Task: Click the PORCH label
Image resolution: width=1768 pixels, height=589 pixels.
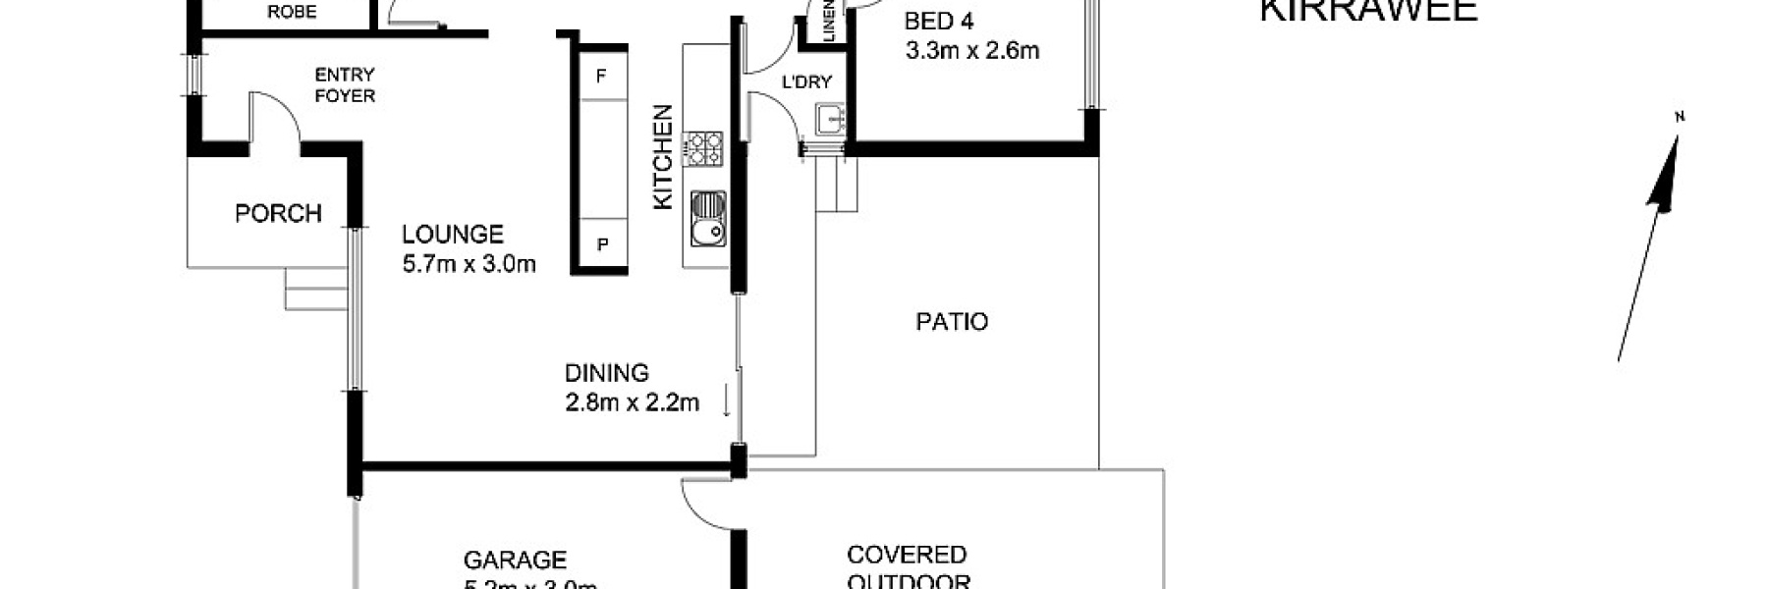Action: coord(278,213)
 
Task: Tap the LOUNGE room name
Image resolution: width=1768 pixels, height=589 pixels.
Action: coord(452,234)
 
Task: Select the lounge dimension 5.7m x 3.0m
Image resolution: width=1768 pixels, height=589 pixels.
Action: coord(469,263)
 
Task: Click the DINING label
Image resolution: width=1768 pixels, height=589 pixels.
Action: coord(606,373)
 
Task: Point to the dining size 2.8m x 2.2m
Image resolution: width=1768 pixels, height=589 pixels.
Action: coord(632,402)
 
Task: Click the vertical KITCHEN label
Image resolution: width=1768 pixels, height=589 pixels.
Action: coord(664,157)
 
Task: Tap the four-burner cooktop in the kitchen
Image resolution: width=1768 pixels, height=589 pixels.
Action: coord(703,148)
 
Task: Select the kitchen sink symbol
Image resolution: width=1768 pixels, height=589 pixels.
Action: coord(707,218)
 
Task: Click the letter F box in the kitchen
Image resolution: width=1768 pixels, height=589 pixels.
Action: coord(601,77)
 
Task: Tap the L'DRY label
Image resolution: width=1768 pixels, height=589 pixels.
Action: coord(806,82)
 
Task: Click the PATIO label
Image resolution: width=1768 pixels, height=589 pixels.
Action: coord(951,322)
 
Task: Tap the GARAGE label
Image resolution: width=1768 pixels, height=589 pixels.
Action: coord(515,561)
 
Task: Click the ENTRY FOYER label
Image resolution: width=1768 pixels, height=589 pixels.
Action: coord(344,84)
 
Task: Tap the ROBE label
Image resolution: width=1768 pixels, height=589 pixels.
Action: coord(292,12)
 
